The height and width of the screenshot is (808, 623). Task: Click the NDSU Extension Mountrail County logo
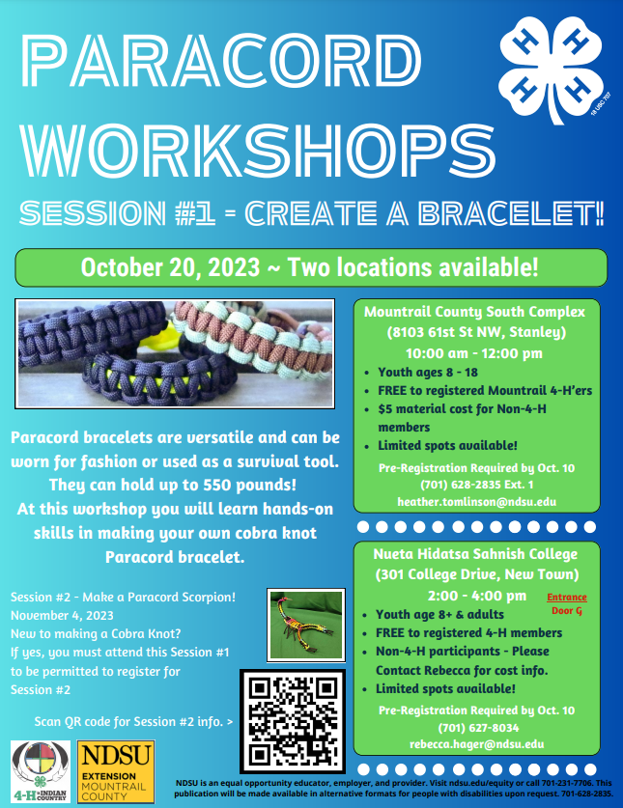(116, 771)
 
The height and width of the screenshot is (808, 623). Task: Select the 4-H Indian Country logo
(41, 771)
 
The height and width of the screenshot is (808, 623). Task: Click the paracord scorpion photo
(306, 626)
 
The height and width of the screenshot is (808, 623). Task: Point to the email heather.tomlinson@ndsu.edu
(476, 501)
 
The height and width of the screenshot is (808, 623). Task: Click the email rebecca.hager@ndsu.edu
(476, 744)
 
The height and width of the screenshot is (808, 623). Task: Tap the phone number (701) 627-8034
(478, 728)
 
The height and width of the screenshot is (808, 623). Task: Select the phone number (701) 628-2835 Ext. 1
(477, 485)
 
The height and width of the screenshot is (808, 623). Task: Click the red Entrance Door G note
(567, 603)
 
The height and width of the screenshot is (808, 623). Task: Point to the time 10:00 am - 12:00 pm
(474, 353)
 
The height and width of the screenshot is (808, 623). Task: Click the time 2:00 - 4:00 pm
(477, 596)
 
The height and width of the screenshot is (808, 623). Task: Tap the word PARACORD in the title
(222, 60)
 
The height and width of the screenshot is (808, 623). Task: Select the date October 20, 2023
(170, 267)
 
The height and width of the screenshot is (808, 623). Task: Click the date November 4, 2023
(62, 615)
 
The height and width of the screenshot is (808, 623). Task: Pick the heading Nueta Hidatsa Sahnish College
(475, 554)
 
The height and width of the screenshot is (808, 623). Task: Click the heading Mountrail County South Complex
(474, 312)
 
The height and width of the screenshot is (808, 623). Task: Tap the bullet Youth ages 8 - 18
(428, 372)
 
